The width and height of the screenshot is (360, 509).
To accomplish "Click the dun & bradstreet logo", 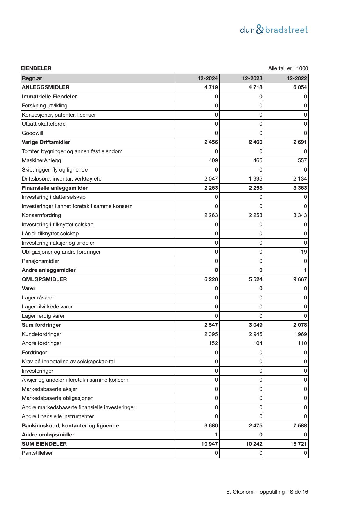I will pos(274,30).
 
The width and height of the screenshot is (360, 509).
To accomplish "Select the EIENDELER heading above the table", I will pos(36,68).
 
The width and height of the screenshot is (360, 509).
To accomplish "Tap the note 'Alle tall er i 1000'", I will pos(288,68).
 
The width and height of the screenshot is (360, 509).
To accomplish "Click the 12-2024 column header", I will pos(208,78).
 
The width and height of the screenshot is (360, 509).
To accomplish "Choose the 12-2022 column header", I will pos(296,78).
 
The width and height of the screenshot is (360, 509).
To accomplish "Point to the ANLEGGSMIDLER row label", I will pos(46,87).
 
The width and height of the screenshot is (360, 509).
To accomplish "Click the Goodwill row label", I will pos(32,133).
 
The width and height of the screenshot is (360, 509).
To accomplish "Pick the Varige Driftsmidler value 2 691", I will pos(300,142).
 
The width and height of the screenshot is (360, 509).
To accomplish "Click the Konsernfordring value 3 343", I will pos(300,215).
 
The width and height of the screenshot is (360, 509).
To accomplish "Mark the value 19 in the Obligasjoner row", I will pos(304,252).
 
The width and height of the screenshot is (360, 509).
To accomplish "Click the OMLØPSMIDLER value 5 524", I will pos(255,279).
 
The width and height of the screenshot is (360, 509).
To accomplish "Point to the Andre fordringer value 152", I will pos(213,343).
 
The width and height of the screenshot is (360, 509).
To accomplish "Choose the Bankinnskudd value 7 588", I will pos(300,426).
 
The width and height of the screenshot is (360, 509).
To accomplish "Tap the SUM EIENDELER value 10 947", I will pos(209,444).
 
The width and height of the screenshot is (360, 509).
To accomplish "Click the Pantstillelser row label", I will pos(37,453).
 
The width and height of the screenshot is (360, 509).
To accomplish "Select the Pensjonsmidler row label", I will pos(40,261).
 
